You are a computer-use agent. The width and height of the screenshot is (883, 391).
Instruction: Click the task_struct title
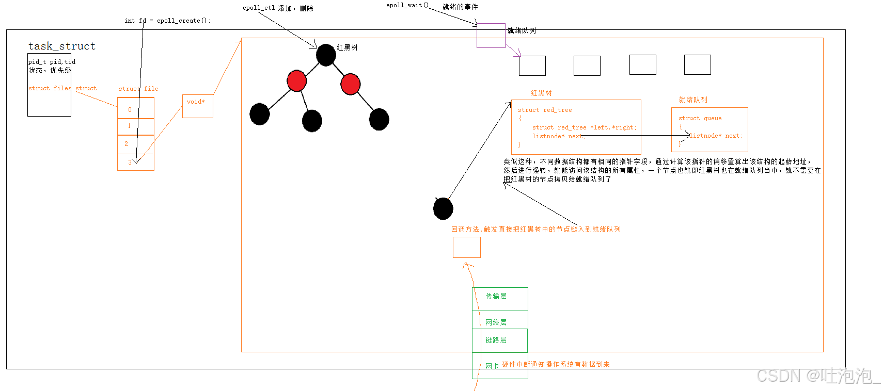(x=62, y=46)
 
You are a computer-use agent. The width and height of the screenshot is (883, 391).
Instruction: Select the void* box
(x=197, y=106)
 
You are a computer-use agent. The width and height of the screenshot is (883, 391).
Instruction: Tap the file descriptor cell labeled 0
(x=135, y=109)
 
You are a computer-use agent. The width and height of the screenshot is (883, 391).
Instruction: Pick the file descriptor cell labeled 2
(x=135, y=144)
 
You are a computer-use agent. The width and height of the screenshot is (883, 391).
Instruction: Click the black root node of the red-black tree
(x=326, y=55)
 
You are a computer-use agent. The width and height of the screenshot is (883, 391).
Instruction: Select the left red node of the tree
(x=296, y=81)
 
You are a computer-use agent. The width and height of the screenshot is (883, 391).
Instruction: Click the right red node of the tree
(x=350, y=84)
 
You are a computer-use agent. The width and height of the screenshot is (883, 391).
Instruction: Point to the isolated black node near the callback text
(x=443, y=208)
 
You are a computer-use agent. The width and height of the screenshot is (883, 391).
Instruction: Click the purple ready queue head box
(x=491, y=36)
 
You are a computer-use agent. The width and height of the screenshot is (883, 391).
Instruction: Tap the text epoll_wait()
(x=407, y=5)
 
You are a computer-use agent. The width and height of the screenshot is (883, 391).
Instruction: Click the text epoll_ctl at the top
(x=259, y=8)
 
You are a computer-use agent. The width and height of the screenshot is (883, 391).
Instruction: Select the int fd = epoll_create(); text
(x=167, y=21)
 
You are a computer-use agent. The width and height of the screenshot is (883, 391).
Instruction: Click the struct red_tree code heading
(x=545, y=110)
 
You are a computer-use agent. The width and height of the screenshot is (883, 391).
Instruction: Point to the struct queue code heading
(x=700, y=118)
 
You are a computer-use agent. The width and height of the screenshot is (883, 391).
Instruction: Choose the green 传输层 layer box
(x=500, y=299)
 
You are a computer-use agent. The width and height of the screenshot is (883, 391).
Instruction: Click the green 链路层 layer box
(x=500, y=340)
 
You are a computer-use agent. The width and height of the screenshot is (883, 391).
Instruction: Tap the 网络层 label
(x=496, y=322)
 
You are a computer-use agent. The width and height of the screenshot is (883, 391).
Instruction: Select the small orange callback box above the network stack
(x=466, y=247)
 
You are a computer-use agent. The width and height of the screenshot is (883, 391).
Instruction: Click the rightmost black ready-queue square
(x=697, y=64)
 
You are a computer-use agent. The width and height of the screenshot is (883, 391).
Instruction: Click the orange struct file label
(x=138, y=89)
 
